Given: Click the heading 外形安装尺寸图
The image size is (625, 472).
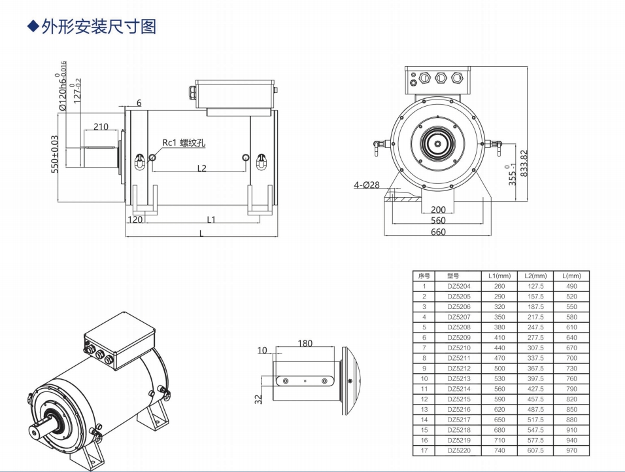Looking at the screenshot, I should point(98,27).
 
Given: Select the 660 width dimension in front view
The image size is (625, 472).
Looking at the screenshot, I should point(438,232).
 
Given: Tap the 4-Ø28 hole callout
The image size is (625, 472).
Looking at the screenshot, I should point(367,185).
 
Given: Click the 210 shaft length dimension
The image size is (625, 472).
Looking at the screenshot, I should point(101,126).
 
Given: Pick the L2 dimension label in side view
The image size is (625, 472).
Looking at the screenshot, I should point(202,168).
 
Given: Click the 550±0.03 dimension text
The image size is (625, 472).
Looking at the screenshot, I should point(55,154).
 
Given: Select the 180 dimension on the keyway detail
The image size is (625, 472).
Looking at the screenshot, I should point(305,343).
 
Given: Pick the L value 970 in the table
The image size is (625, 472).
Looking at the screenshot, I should point(571,450).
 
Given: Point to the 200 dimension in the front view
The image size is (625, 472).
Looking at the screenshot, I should point(438,210).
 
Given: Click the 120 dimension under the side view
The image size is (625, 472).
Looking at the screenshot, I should point(135,220).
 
